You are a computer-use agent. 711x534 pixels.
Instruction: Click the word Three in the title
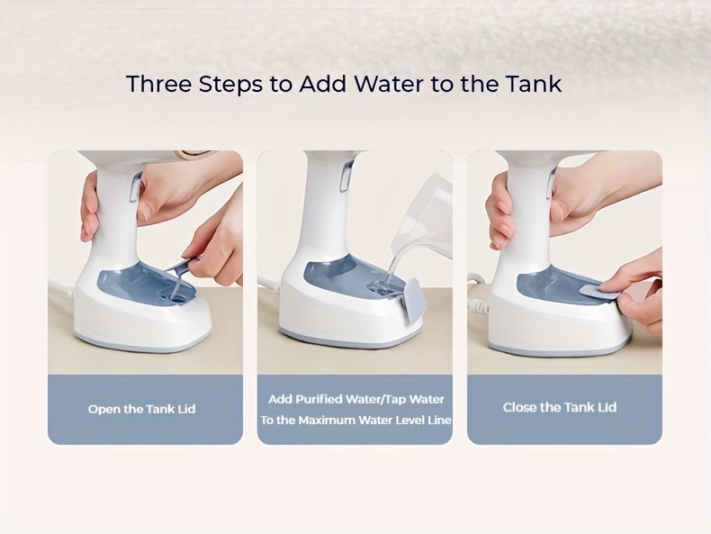pyautogui.click(x=159, y=84)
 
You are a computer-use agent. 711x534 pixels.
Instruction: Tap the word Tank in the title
pyautogui.click(x=531, y=84)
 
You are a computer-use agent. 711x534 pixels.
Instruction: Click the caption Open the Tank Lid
pyautogui.click(x=141, y=409)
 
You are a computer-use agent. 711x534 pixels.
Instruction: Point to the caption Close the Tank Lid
pyautogui.click(x=559, y=407)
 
